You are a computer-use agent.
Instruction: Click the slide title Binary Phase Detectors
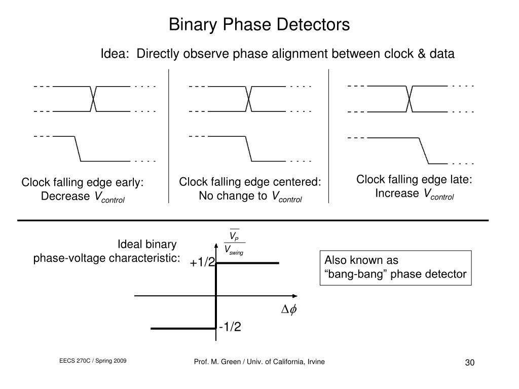pos(259,24)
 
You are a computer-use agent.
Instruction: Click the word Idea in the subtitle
pos(114,54)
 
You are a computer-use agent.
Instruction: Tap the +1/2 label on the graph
pos(203,262)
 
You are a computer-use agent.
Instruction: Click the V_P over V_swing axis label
pos(234,244)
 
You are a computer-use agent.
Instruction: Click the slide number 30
pos(469,363)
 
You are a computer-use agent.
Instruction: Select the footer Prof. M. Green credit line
pos(259,361)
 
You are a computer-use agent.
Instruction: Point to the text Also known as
pos(361,260)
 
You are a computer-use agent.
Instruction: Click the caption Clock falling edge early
pos(83,182)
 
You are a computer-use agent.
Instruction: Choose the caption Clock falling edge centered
pos(250,182)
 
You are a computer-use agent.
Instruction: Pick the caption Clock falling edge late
pos(415,179)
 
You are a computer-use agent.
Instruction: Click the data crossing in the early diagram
pos(94,98)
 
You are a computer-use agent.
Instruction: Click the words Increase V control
pos(415,194)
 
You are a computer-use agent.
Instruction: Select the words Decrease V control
pos(83,197)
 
